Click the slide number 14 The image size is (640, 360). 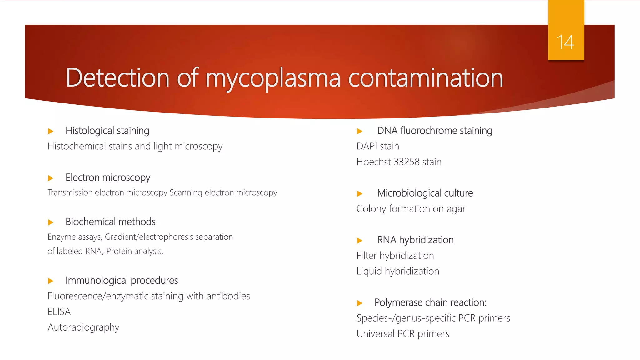point(565,42)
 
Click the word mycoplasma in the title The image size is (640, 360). point(272,78)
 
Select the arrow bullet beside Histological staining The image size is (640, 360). point(51,131)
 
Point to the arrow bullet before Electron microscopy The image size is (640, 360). point(51,178)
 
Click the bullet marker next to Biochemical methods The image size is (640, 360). point(51,222)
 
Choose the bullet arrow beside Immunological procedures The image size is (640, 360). point(51,281)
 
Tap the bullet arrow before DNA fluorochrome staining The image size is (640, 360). point(360,131)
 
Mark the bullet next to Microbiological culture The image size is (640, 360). point(360,194)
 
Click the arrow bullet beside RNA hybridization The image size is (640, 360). point(360,241)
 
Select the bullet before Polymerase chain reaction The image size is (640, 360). point(360,303)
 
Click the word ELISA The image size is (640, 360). point(59,312)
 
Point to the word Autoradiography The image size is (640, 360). point(83,327)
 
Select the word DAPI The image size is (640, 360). point(367,146)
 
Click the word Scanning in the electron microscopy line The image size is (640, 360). point(186,193)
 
